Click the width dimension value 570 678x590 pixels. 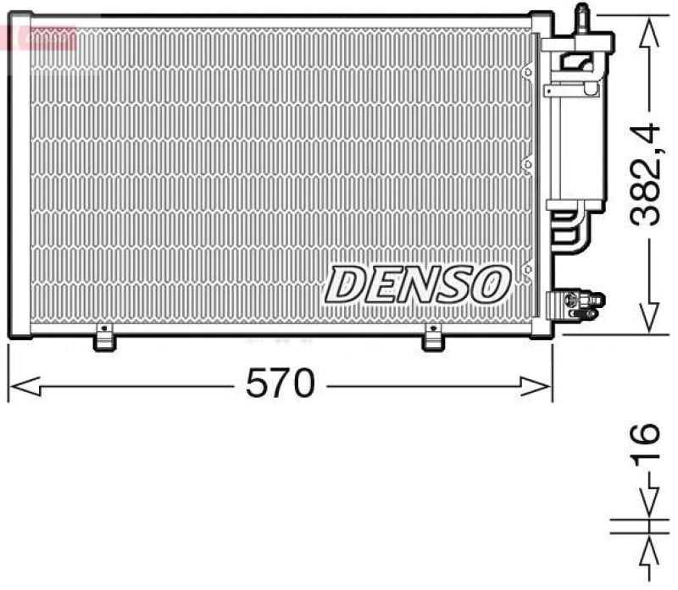pyautogui.click(x=281, y=385)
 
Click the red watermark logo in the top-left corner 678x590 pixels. pyautogui.click(x=38, y=38)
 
